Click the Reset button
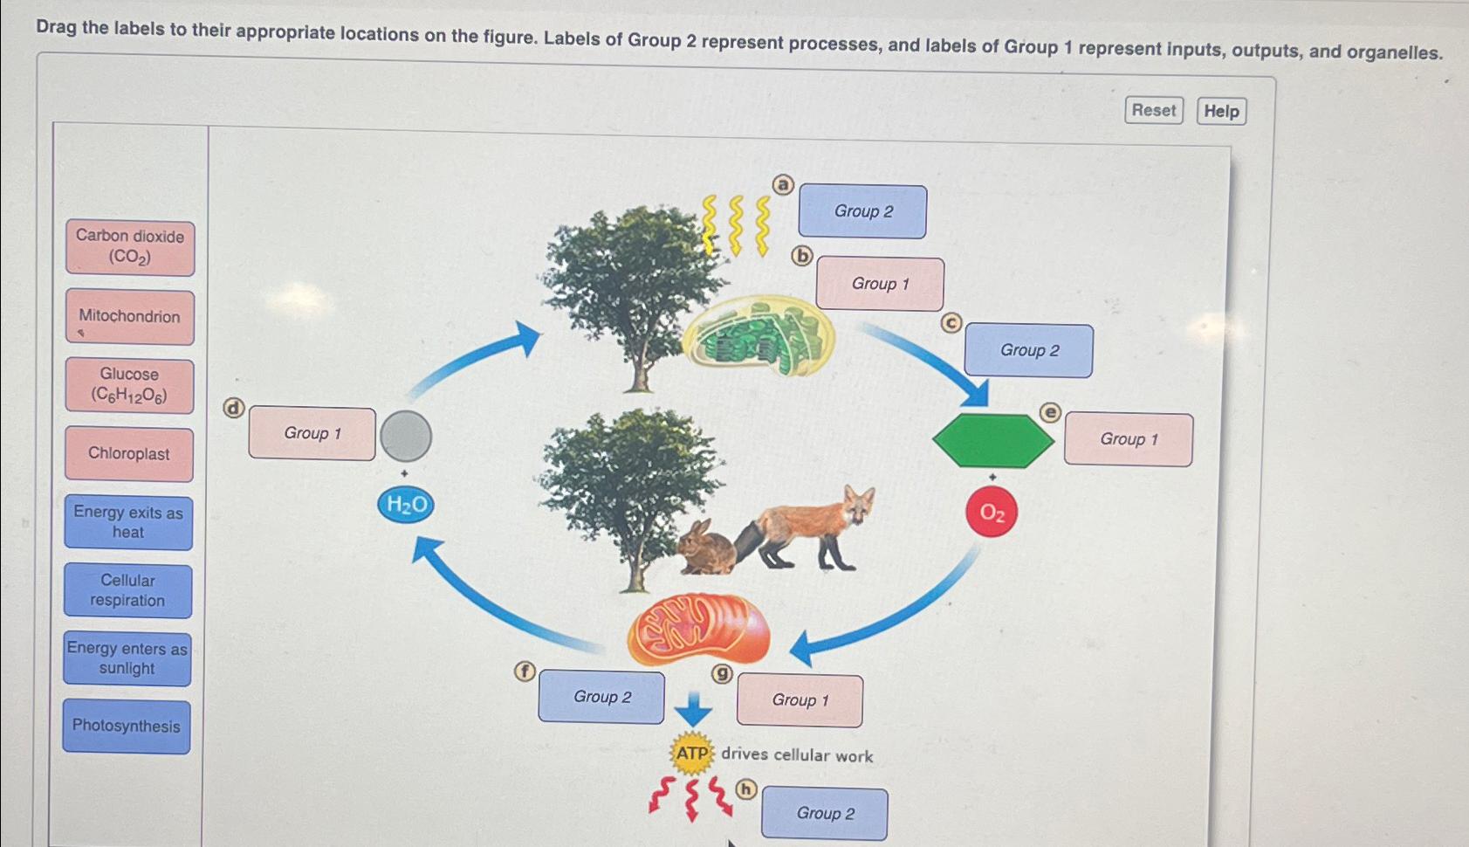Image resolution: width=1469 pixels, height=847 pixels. coord(1153,110)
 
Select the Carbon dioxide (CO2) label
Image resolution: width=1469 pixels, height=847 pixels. coord(130,247)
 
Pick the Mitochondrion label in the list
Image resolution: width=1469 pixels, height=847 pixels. coord(129,317)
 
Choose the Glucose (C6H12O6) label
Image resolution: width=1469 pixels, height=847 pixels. coord(129,385)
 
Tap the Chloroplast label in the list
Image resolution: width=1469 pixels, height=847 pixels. coord(129,454)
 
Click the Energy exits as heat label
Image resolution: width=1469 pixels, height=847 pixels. coord(128,522)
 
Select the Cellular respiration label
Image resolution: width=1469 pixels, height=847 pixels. coord(127,590)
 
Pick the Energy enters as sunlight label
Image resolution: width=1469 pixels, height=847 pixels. coord(127,658)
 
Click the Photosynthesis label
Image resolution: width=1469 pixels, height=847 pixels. coord(127,726)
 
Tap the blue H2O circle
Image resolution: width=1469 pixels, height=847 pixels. coord(406,505)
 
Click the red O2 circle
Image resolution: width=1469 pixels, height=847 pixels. coord(992,513)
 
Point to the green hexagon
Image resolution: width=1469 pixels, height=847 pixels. coord(992,441)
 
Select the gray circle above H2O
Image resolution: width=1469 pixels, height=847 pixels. coord(406,436)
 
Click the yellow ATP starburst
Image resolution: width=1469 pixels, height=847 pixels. coord(692,754)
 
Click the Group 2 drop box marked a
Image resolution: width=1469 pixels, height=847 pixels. coord(862,211)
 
